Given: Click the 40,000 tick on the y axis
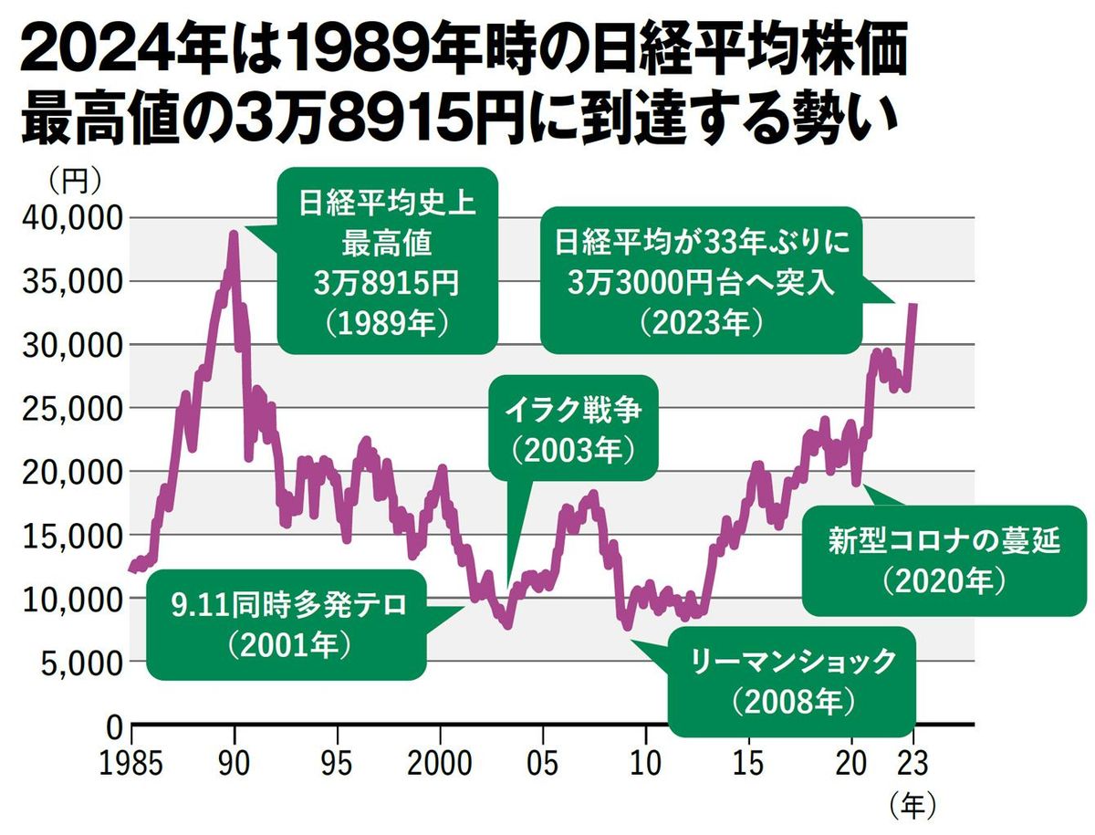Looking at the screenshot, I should (x=68, y=218).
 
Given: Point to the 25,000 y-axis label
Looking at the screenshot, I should (x=68, y=409).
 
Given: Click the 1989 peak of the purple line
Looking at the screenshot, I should (x=234, y=235).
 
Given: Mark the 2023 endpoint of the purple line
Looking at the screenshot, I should (x=913, y=305).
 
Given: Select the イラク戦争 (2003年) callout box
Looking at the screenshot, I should (x=573, y=427).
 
